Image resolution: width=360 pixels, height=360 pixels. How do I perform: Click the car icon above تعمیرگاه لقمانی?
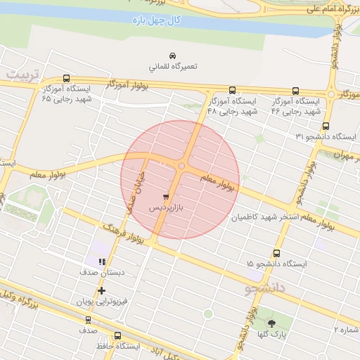(172, 56)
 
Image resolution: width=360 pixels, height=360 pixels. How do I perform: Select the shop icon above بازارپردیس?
(165, 198)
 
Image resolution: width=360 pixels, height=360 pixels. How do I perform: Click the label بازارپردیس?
(167, 210)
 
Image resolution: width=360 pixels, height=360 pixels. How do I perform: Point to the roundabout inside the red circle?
(181, 166)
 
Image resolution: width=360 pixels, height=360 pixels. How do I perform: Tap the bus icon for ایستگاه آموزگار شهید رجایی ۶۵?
(67, 79)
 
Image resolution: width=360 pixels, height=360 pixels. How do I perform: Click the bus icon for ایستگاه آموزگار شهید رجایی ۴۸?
(232, 90)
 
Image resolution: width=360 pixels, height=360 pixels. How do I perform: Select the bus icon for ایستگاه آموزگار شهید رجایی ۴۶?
(295, 90)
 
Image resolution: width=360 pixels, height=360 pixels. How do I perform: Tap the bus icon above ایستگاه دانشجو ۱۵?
(276, 253)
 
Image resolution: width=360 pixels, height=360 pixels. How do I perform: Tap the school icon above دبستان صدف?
(103, 262)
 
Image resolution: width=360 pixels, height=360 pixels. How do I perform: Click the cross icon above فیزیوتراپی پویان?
(103, 290)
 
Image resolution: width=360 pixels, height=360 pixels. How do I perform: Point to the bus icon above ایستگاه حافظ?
(117, 336)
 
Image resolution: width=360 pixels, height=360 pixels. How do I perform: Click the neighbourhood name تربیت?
(21, 74)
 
